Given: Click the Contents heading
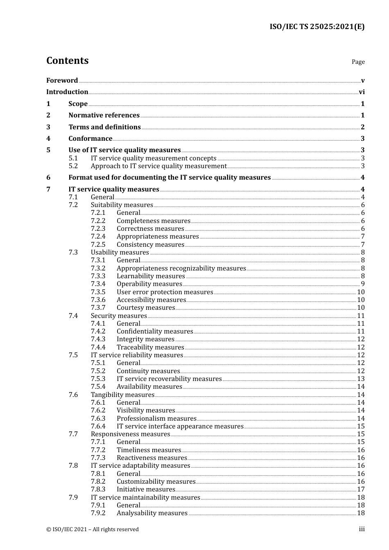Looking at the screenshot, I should [x=67, y=61].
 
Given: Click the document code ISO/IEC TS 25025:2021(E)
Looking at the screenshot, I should [x=317, y=27].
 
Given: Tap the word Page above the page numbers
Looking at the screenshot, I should [x=358, y=62].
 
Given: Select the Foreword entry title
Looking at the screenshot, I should [x=62, y=81].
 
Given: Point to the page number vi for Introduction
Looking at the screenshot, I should [x=362, y=92].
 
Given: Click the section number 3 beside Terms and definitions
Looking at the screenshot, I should [x=48, y=127].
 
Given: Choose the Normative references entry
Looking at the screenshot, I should [x=104, y=115].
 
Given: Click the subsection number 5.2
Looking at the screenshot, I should [x=73, y=166].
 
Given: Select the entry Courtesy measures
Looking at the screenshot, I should [x=146, y=308].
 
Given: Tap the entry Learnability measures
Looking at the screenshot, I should [x=151, y=276].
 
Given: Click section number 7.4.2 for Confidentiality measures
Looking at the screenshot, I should [x=98, y=331].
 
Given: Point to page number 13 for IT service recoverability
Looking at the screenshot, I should [x=361, y=379].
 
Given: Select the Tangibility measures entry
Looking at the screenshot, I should [x=122, y=395].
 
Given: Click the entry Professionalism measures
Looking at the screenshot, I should [x=156, y=419].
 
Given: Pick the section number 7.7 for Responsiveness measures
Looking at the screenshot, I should [x=73, y=434].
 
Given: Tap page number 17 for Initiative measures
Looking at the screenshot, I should [x=361, y=489].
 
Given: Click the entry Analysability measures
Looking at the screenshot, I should [x=152, y=513].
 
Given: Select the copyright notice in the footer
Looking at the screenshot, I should [x=93, y=530].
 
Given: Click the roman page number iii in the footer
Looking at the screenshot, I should [x=362, y=529].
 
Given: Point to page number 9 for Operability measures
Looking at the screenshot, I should [x=363, y=284].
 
